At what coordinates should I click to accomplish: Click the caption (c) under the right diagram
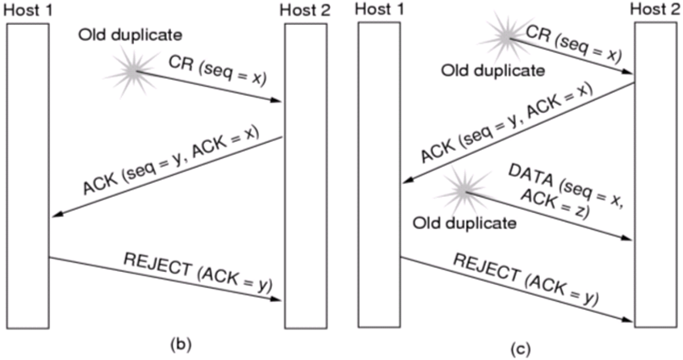(522, 349)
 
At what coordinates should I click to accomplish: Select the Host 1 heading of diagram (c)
(377, 10)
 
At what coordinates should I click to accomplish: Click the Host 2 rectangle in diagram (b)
(305, 174)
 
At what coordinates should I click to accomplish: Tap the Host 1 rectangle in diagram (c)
(379, 174)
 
